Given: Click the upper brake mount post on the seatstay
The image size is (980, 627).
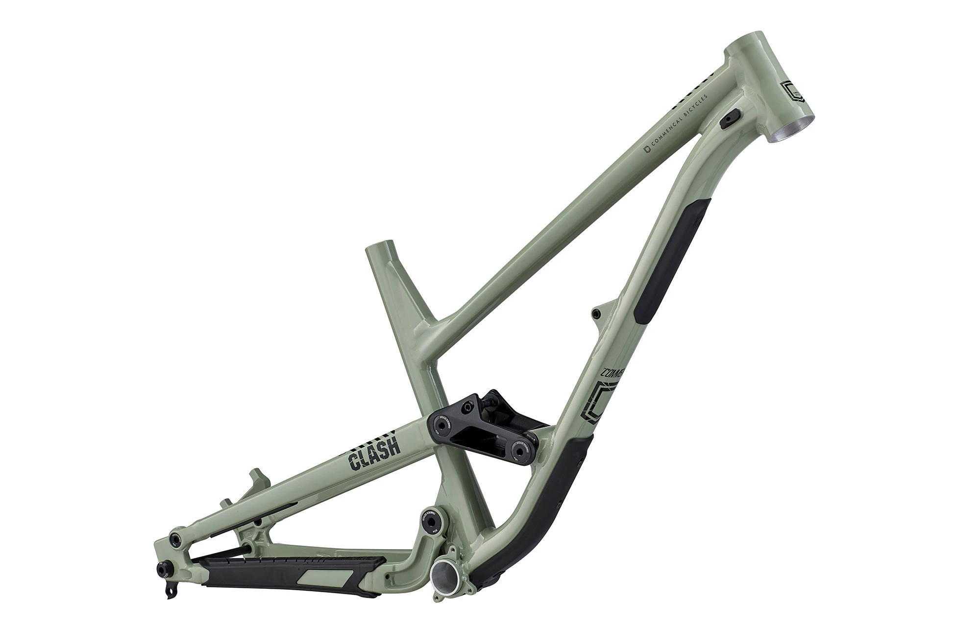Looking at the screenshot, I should point(255,479).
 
